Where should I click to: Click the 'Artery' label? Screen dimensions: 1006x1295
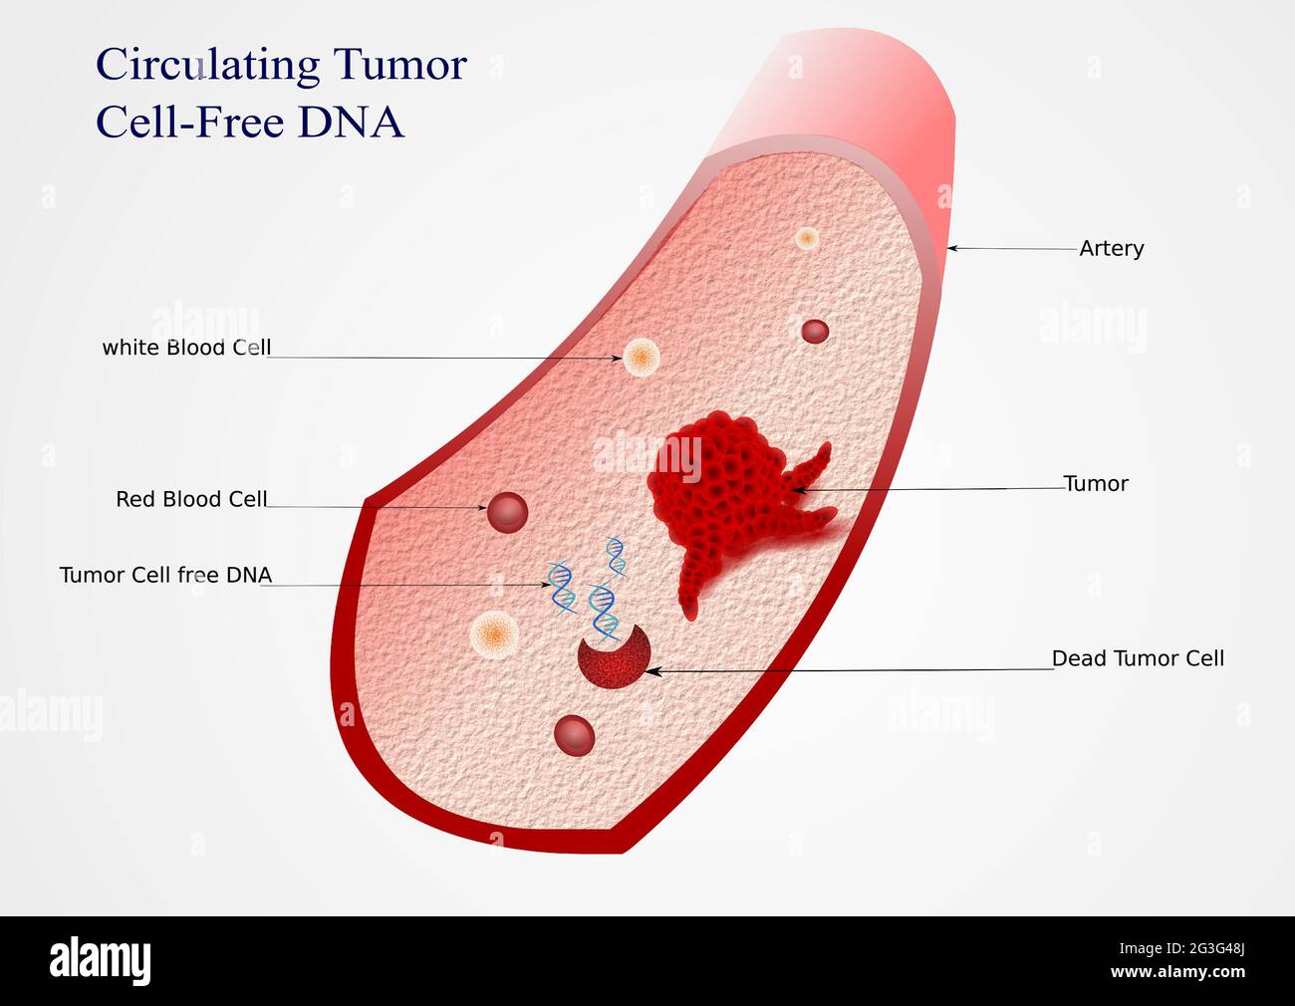pos(1111,248)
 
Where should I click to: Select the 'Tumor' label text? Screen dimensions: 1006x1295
pos(1096,484)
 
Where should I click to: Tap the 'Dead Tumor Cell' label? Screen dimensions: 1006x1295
pos(1138,658)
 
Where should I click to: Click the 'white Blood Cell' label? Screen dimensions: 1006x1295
pos(186,348)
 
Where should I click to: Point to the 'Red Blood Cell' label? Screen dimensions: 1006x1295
pos(191,499)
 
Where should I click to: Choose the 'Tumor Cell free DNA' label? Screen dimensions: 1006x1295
pos(165,575)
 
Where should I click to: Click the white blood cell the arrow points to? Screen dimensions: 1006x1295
pos(641,357)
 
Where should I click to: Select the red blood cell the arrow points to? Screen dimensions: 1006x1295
pos(507,511)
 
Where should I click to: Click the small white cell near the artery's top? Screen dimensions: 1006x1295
pos(807,239)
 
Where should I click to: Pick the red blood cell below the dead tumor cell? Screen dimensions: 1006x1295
pos(575,735)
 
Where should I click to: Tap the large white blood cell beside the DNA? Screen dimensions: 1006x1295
pos(495,632)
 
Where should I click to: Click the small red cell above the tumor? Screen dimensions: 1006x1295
pos(815,331)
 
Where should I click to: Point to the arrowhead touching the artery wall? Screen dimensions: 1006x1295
pos(952,248)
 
